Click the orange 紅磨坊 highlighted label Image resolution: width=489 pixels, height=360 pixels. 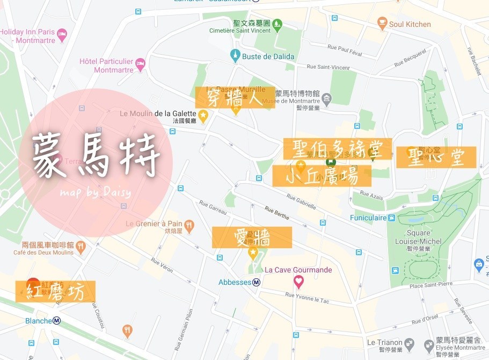tap(55, 291)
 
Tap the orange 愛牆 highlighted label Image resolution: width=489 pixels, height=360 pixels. tap(252, 237)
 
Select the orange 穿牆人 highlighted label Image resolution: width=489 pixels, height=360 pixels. tap(235, 98)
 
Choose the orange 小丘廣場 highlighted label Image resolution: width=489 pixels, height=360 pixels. tap(322, 176)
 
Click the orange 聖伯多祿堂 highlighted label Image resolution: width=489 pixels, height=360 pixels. tap(338, 148)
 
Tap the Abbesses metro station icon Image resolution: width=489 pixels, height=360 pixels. tap(257, 282)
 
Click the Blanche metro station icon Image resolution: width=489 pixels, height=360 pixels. tap(56, 321)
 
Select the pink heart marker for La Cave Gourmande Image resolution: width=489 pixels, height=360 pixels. tap(298, 280)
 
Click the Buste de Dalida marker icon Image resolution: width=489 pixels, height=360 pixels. tap(235, 56)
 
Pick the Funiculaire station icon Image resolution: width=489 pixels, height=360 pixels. tap(392, 218)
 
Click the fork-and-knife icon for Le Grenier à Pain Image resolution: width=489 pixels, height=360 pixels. tap(188, 224)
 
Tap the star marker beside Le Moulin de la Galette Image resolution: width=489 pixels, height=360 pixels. tap(203, 114)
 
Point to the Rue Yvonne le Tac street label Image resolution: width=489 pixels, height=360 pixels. tap(309, 296)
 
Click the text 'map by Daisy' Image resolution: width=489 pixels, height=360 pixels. tap(95, 192)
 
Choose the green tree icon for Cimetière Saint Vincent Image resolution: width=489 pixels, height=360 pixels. tap(277, 24)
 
